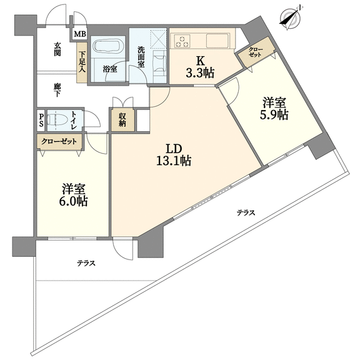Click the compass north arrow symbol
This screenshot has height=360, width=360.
291,17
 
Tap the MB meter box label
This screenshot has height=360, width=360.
80,34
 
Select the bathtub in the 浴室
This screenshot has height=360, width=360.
108,47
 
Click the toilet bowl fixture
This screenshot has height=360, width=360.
57,119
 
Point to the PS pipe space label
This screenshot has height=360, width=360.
41,121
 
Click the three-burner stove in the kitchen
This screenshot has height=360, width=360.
182,41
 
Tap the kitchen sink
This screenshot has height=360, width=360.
217,41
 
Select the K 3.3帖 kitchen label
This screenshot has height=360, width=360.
200,67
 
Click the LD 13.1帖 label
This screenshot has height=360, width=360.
174,155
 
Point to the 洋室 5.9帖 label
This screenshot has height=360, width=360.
274,108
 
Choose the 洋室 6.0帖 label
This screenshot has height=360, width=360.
73,195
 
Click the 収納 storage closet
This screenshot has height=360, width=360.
122,120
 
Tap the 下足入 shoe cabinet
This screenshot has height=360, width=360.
82,62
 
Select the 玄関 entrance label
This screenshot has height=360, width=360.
57,49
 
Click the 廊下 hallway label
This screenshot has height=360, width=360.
57,90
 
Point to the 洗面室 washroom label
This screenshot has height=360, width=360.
141,57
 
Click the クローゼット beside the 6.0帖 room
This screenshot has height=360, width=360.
59,142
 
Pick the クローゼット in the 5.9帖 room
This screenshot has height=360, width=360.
256,52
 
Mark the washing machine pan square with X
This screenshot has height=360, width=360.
157,38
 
